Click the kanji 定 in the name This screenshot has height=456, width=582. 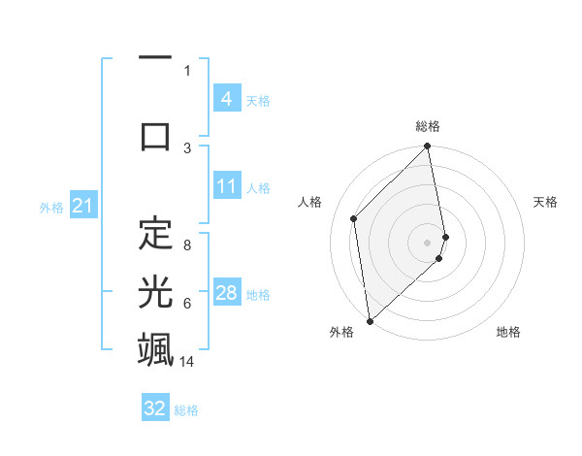156,233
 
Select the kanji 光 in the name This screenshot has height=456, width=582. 156,290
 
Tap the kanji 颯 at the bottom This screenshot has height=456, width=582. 156,348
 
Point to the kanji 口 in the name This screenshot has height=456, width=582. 156,135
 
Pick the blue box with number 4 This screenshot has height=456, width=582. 226,99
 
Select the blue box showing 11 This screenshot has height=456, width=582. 226,186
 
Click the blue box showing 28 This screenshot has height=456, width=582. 226,293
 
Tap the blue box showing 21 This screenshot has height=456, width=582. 81,206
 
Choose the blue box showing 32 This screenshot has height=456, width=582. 155,408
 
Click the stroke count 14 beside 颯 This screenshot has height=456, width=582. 188,362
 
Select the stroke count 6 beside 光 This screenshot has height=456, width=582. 187,304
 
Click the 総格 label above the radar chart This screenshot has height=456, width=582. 428,126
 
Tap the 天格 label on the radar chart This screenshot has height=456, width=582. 546,202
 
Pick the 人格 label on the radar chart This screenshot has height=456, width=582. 310,202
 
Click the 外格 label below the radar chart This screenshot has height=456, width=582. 341,333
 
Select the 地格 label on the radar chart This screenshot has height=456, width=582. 508,333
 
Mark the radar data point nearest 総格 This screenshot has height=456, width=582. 428,147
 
